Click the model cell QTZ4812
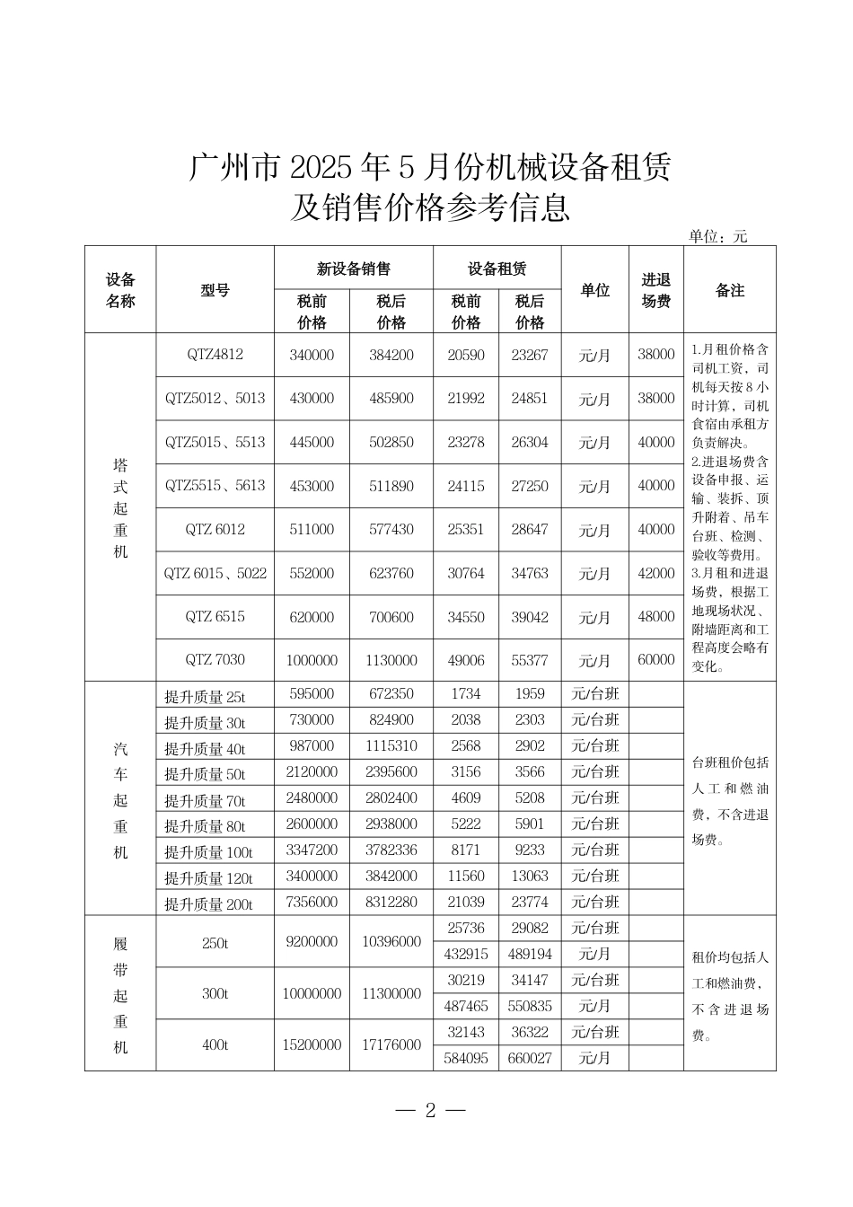215,355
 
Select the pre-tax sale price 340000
312,355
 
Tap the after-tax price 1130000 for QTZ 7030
391,660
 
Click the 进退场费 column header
655,291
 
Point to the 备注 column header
729,291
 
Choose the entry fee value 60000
655,660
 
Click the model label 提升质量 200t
208,903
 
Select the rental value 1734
466,693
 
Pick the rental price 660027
530,1058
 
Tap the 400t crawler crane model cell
215,1045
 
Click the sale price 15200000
312,1045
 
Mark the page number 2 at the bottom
430,1110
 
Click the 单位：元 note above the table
717,236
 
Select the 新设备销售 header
353,269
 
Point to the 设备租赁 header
497,269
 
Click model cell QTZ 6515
215,617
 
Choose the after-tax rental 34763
530,573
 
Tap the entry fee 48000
655,617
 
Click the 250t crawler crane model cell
215,941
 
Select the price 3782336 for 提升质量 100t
391,850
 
